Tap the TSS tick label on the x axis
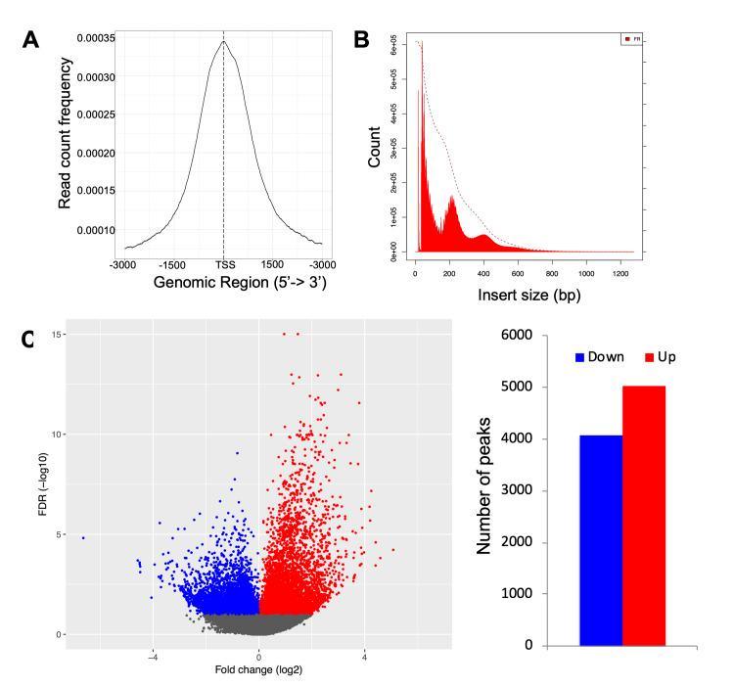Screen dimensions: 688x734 [223, 265]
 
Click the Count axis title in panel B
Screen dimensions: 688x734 [375, 152]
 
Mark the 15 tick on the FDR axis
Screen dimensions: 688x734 [59, 334]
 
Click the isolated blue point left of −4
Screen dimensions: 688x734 [83, 537]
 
